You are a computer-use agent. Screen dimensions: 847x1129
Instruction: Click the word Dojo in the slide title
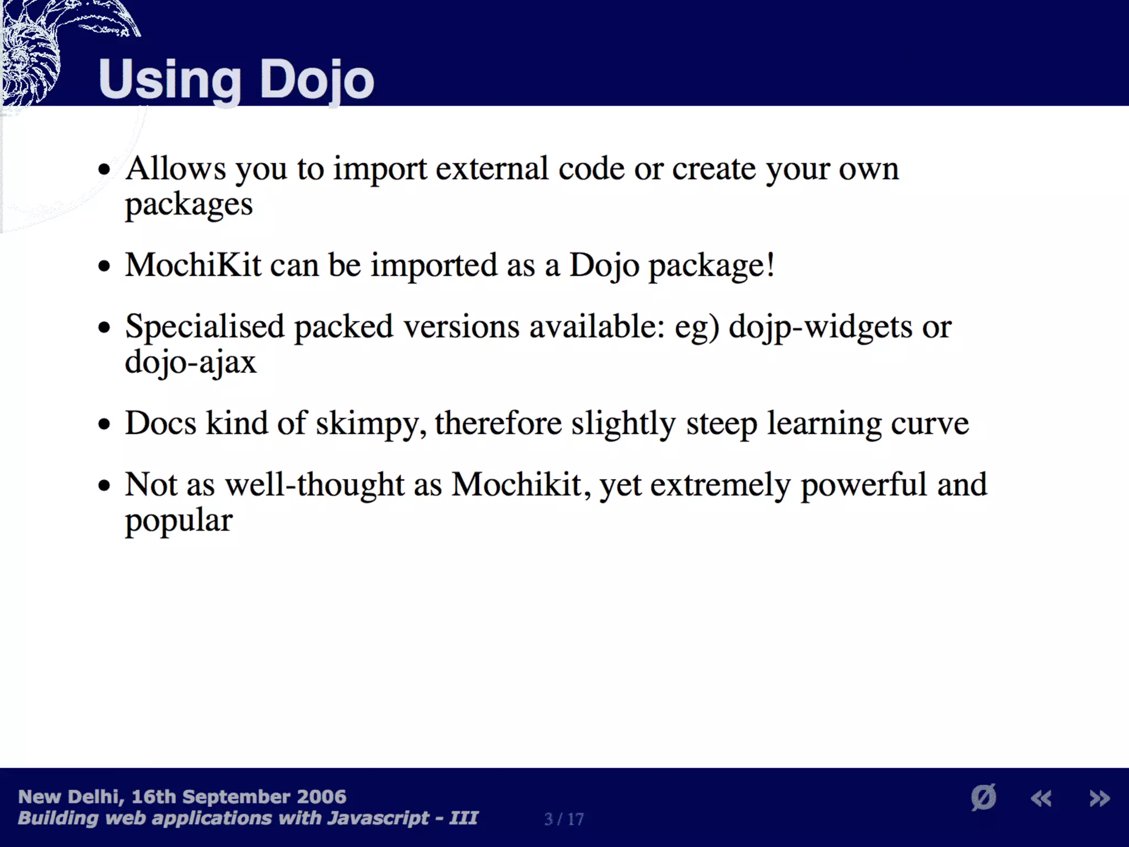click(316, 81)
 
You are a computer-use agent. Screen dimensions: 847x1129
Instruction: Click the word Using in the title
click(170, 81)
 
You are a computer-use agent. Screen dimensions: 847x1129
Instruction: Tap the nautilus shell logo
click(33, 55)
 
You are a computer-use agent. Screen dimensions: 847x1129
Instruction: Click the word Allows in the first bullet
click(175, 168)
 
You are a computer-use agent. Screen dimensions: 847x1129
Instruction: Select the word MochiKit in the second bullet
click(193, 265)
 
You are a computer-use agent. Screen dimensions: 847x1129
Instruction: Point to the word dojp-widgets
click(820, 328)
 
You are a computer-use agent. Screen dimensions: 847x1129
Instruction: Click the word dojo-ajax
click(191, 363)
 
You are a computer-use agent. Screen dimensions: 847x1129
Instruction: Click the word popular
click(179, 521)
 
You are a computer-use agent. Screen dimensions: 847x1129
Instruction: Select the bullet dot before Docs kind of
click(104, 425)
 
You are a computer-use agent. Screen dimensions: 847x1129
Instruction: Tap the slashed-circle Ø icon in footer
click(983, 797)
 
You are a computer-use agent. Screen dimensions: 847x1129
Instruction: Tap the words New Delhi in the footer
click(68, 797)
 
